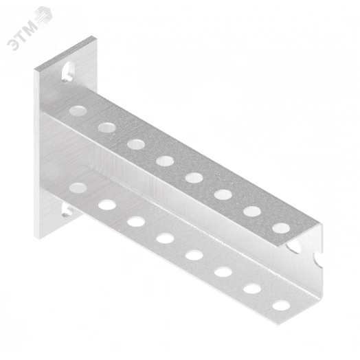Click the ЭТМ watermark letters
22,36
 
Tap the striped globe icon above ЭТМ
44,14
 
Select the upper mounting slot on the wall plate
68,71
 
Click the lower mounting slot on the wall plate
67,211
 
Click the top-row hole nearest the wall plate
78,111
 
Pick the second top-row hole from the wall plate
107,127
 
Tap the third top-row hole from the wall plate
136,144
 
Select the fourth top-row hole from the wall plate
165,161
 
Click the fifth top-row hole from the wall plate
194,178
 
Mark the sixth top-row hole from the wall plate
223,194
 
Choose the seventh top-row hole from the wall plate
252,211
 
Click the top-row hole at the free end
281,228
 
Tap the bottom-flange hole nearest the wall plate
78,188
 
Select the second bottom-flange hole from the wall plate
107,205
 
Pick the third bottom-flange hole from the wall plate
136,221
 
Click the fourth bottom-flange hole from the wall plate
165,238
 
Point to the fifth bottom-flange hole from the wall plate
194,255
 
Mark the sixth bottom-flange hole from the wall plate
223,272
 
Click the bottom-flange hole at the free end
281,305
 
